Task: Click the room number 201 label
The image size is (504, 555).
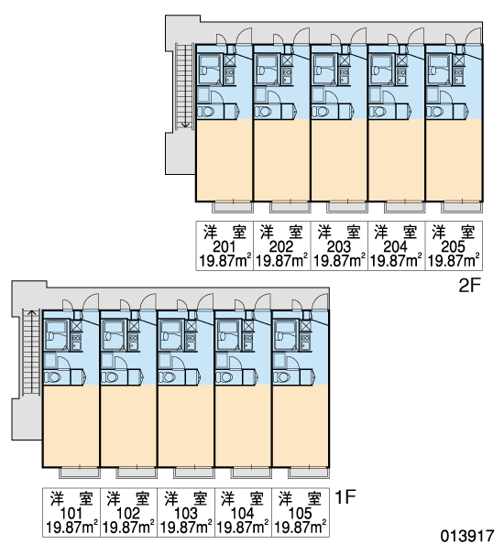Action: (224, 246)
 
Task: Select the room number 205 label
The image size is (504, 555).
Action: (453, 246)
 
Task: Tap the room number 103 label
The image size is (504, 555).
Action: (186, 513)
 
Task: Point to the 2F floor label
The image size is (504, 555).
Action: (468, 286)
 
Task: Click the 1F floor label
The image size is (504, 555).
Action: (345, 497)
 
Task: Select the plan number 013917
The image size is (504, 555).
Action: (467, 536)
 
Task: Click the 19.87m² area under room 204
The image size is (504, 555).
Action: (396, 261)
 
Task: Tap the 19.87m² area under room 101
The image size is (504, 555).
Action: (71, 528)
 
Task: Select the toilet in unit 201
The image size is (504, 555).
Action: (206, 112)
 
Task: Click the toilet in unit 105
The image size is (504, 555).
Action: (282, 377)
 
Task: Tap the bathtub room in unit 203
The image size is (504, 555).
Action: (324, 70)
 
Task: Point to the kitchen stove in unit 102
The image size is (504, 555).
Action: (133, 342)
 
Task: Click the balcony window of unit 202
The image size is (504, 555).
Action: (290, 207)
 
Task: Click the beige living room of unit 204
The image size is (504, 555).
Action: (397, 160)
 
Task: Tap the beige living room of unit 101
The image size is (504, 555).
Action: (71, 426)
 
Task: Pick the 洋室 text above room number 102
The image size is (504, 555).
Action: (128, 498)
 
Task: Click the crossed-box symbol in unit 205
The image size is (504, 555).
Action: (458, 60)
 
